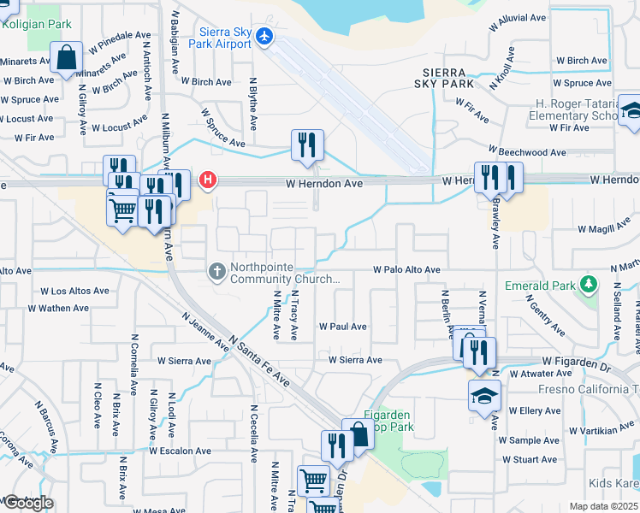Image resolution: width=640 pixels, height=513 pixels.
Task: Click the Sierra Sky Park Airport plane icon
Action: click(x=264, y=38)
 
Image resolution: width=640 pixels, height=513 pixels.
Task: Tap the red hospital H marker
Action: click(x=206, y=180)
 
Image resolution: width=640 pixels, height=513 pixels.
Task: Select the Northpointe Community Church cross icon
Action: click(x=217, y=272)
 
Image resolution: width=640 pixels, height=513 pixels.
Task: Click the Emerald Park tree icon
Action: click(x=588, y=284)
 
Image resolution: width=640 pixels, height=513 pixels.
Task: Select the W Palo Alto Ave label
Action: click(x=406, y=270)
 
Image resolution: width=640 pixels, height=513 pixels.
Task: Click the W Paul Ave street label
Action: click(x=343, y=327)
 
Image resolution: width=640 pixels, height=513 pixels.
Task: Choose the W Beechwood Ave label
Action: click(x=527, y=152)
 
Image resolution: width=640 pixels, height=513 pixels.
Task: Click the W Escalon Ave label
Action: click(x=180, y=451)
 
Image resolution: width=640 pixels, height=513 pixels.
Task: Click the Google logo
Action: click(x=27, y=503)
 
